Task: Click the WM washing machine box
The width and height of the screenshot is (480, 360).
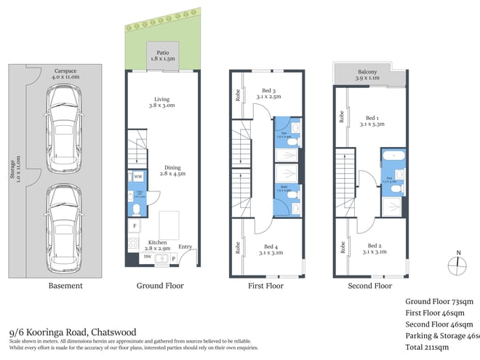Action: point(137,177)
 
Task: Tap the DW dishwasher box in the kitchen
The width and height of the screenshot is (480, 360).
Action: point(148,257)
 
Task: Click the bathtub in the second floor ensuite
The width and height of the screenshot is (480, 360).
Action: point(393,156)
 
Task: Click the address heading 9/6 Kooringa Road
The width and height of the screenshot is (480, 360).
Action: point(72,332)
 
